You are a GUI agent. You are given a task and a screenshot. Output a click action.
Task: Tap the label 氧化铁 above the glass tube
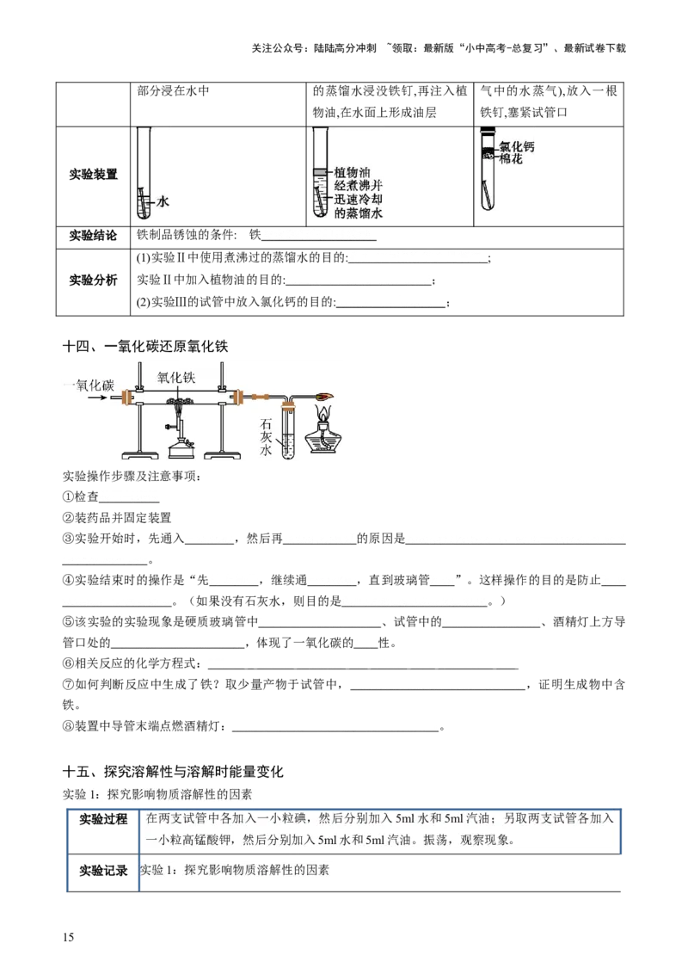tap(178, 376)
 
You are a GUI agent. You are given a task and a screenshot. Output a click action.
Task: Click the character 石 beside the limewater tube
tap(266, 423)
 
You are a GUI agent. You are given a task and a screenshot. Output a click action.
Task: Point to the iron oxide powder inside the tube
tap(179, 401)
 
